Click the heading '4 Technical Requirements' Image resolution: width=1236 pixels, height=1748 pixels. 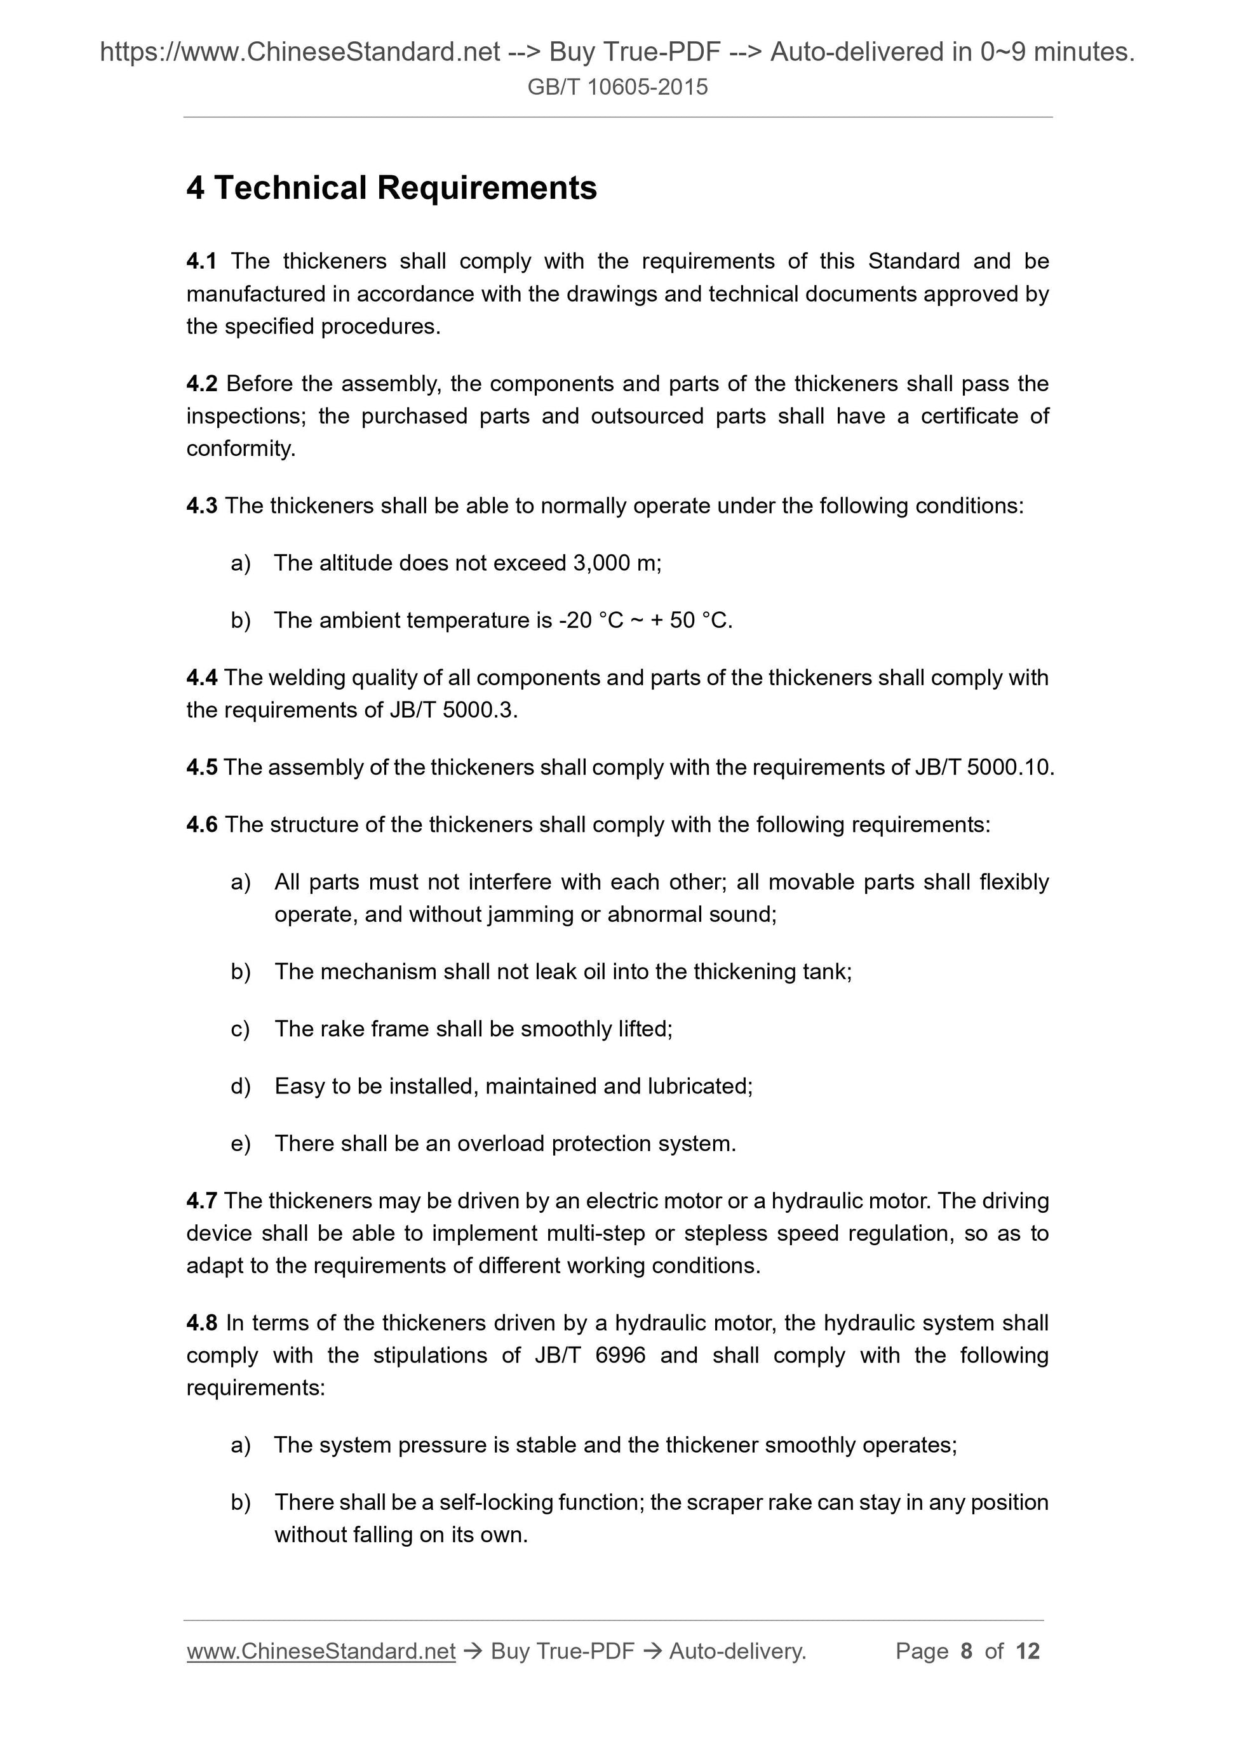(391, 188)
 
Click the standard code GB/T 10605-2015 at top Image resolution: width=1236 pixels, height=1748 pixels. (617, 88)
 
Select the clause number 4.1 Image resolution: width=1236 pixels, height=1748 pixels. (201, 261)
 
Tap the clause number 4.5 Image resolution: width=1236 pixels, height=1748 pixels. (201, 768)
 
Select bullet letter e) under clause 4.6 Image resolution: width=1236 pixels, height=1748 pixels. (240, 1144)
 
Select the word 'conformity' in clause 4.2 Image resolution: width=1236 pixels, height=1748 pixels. (238, 449)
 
